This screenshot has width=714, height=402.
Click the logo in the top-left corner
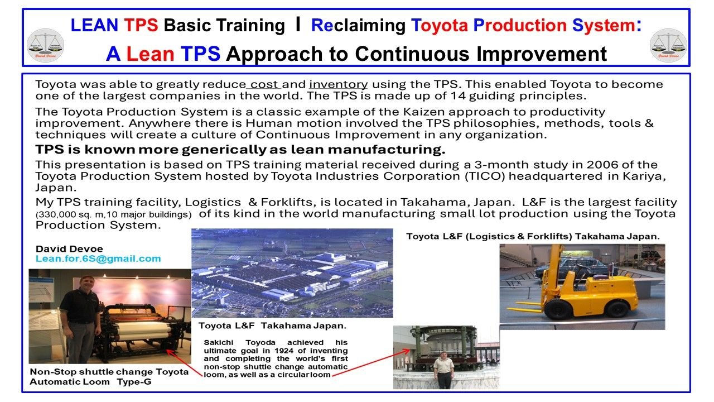tap(45, 45)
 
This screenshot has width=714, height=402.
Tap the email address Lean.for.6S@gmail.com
tap(98, 259)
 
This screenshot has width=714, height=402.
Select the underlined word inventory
tap(339, 85)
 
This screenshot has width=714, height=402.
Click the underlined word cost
tap(264, 85)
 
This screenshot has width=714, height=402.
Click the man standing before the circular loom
tap(445, 368)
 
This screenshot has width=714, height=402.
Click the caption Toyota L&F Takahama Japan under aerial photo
tap(272, 326)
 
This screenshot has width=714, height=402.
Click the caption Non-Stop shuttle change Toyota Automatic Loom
tap(109, 376)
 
